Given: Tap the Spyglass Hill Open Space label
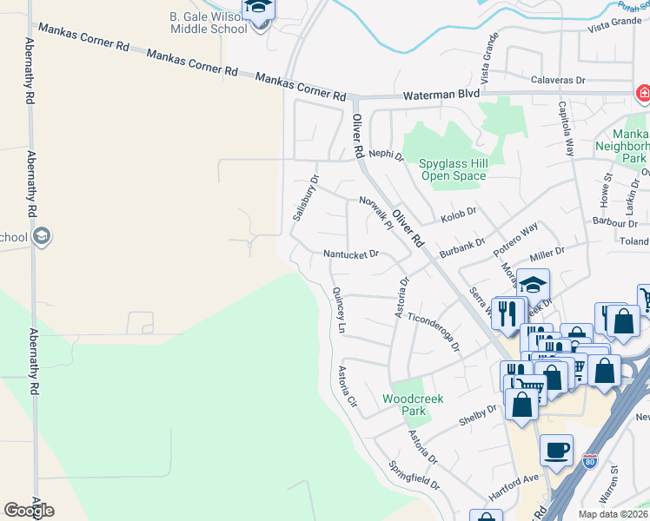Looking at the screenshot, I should pyautogui.click(x=454, y=169).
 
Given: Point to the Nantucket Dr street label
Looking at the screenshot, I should pyautogui.click(x=351, y=254).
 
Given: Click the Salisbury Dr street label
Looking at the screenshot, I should pyautogui.click(x=305, y=199).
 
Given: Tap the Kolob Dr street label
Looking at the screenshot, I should pyautogui.click(x=459, y=211).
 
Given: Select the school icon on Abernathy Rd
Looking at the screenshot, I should pyautogui.click(x=41, y=236).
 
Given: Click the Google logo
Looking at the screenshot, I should pyautogui.click(x=29, y=511).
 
